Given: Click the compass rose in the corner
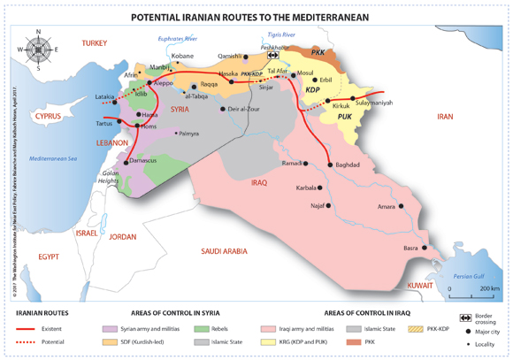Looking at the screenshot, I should [38, 50].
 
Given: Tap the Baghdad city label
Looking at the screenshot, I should [348, 165].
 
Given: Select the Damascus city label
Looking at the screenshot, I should [142, 160].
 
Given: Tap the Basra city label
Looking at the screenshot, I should [410, 248].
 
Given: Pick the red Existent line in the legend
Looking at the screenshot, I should [27, 327].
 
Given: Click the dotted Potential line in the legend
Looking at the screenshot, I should [27, 340].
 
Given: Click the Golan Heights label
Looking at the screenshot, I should [111, 177].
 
